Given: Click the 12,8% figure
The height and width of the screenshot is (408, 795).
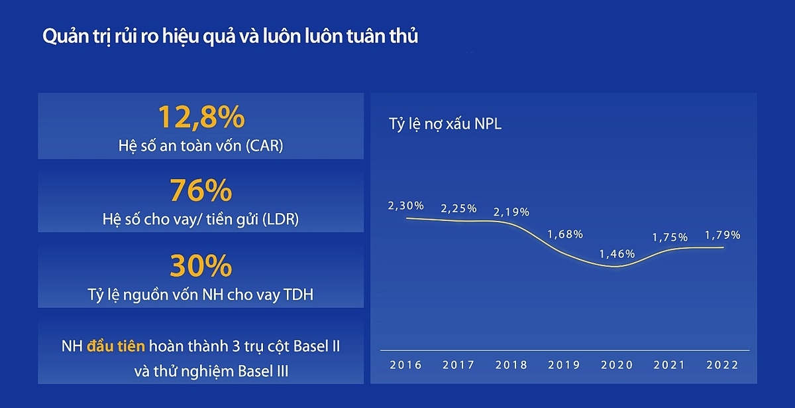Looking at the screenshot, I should pos(201,117).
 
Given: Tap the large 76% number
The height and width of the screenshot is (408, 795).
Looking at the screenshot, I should pos(201,191).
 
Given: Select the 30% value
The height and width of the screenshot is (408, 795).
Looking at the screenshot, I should pos(201,267).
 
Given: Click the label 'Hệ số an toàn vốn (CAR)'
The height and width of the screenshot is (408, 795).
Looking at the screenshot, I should pos(201,145).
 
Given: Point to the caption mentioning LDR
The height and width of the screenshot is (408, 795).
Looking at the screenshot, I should pos(201,219).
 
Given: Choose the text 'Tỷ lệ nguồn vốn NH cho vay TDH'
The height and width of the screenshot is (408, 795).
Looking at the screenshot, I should pos(201,295).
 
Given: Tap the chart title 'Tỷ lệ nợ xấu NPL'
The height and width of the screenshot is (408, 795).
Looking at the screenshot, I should pos(445,124).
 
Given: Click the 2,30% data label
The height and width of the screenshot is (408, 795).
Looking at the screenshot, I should pos(405,206).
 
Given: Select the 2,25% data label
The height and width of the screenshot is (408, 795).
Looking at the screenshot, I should pos(459,208).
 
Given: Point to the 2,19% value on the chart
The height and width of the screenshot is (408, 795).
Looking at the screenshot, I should pos(511,212).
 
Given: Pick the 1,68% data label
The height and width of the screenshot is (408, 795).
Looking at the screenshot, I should pos(564,234).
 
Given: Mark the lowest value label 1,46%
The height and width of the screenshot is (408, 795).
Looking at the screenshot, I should pos(617,253).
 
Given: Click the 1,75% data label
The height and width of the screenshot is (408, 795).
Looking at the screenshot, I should pos(670,237).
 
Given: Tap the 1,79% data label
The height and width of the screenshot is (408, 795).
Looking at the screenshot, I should pos(722,235).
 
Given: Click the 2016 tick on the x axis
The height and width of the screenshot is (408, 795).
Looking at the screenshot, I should pos(405,365).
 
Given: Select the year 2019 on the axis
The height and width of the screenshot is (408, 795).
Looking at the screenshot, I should pos(564,365).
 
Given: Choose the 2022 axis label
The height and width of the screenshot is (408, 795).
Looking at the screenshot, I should pos(722,365).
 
